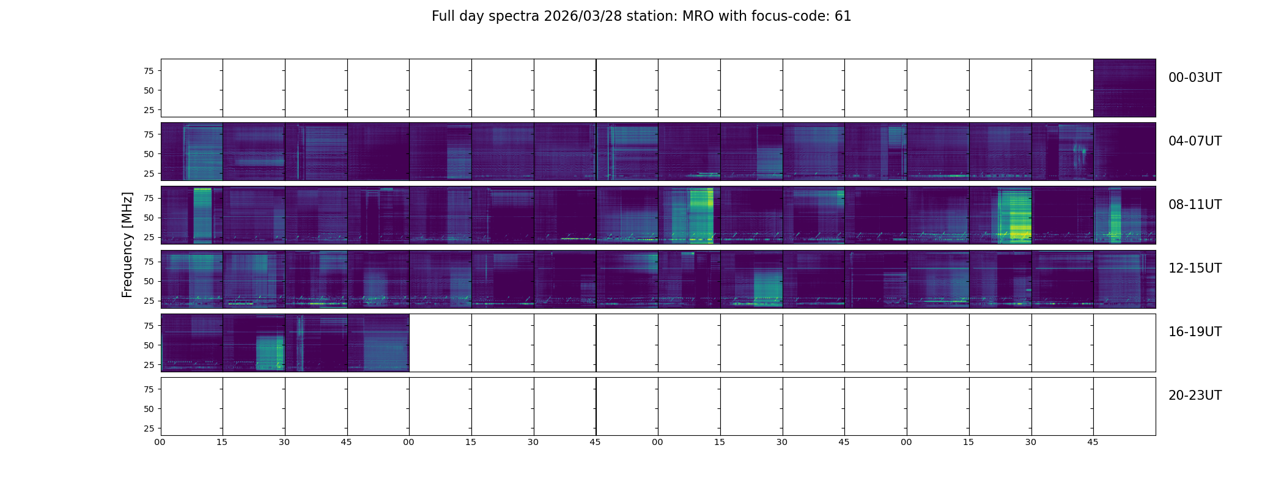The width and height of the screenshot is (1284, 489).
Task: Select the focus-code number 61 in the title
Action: [x=843, y=17]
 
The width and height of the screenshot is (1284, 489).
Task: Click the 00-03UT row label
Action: [x=1195, y=78]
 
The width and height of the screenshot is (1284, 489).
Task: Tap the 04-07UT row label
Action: [x=1195, y=141]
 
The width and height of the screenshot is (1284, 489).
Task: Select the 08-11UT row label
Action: [x=1195, y=205]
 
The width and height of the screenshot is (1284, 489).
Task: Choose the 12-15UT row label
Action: [x=1195, y=268]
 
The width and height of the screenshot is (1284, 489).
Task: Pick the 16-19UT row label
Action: [x=1195, y=332]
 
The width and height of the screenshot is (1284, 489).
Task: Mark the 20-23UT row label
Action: [x=1195, y=395]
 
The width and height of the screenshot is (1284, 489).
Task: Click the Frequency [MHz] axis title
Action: [x=127, y=244]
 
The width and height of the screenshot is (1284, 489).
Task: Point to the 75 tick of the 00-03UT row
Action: [x=149, y=71]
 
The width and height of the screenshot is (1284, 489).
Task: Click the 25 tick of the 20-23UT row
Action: [x=149, y=428]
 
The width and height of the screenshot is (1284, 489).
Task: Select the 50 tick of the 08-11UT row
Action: [x=149, y=218]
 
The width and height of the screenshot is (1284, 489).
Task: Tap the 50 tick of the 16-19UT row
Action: [x=149, y=345]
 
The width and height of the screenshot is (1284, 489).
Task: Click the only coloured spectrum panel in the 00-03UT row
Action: [x=1124, y=88]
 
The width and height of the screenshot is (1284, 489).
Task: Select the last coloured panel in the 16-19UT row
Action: [x=378, y=343]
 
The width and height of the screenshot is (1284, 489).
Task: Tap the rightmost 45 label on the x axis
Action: [x=1093, y=442]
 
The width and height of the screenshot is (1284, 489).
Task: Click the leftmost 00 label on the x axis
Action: [x=160, y=442]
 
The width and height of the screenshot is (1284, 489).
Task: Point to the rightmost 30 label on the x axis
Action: [x=1031, y=442]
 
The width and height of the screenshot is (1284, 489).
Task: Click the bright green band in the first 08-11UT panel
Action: [x=202, y=215]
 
